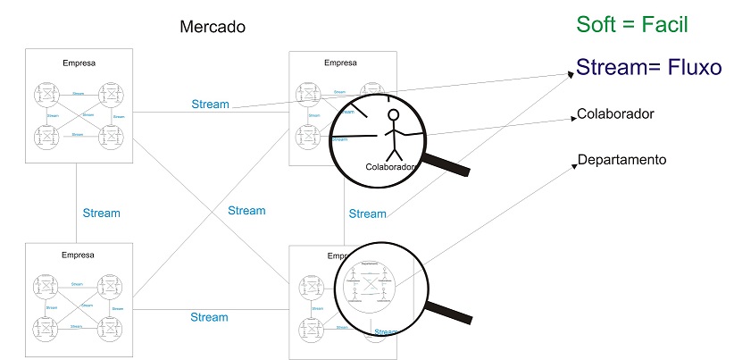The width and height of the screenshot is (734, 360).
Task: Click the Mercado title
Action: [213, 27]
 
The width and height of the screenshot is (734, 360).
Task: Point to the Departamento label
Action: [622, 161]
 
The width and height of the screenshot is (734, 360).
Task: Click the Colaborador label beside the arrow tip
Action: [616, 114]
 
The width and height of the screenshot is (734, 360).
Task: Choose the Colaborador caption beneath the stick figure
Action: [391, 167]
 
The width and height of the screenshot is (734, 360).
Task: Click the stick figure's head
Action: [393, 115]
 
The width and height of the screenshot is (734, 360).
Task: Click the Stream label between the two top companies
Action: [210, 105]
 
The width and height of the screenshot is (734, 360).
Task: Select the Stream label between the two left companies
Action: [101, 213]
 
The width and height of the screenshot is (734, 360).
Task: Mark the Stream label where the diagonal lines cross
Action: [246, 211]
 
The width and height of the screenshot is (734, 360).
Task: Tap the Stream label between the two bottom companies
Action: [209, 317]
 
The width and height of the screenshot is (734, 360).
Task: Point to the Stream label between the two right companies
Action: [367, 213]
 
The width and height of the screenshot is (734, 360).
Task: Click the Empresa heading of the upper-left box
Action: [79, 63]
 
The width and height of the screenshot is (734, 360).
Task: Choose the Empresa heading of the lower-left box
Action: [79, 255]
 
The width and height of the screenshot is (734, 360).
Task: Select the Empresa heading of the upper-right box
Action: [340, 63]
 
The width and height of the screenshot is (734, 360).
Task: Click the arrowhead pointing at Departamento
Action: [572, 166]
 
